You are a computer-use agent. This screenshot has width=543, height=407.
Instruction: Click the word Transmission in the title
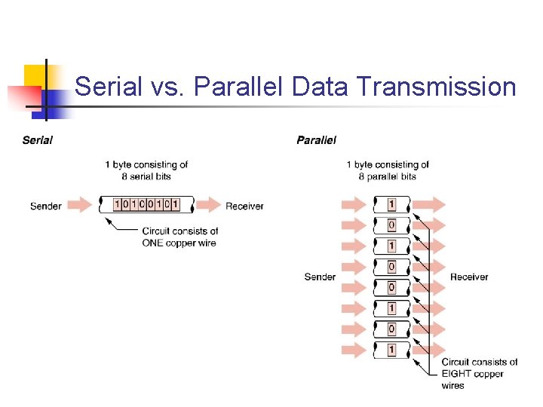point(435,87)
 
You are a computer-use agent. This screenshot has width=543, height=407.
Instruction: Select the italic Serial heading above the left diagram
point(38,139)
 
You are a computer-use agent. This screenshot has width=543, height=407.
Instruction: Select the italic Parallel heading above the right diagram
point(316,139)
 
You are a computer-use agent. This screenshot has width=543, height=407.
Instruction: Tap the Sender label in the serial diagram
point(46,205)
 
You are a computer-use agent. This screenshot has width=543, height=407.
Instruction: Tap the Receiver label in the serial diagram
point(244,205)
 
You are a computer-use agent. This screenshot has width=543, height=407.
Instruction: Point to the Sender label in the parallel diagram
point(320,277)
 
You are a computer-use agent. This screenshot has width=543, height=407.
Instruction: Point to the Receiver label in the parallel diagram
point(469,277)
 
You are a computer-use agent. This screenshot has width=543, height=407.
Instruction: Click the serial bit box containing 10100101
point(146,204)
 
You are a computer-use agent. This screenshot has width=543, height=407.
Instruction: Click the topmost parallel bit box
point(391,204)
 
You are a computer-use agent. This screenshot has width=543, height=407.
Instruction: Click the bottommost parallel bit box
point(391,350)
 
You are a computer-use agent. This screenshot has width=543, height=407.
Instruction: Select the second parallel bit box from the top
point(391,225)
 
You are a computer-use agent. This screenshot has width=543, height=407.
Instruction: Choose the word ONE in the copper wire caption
point(155,243)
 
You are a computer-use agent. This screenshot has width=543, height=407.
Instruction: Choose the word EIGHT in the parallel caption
point(457,374)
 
